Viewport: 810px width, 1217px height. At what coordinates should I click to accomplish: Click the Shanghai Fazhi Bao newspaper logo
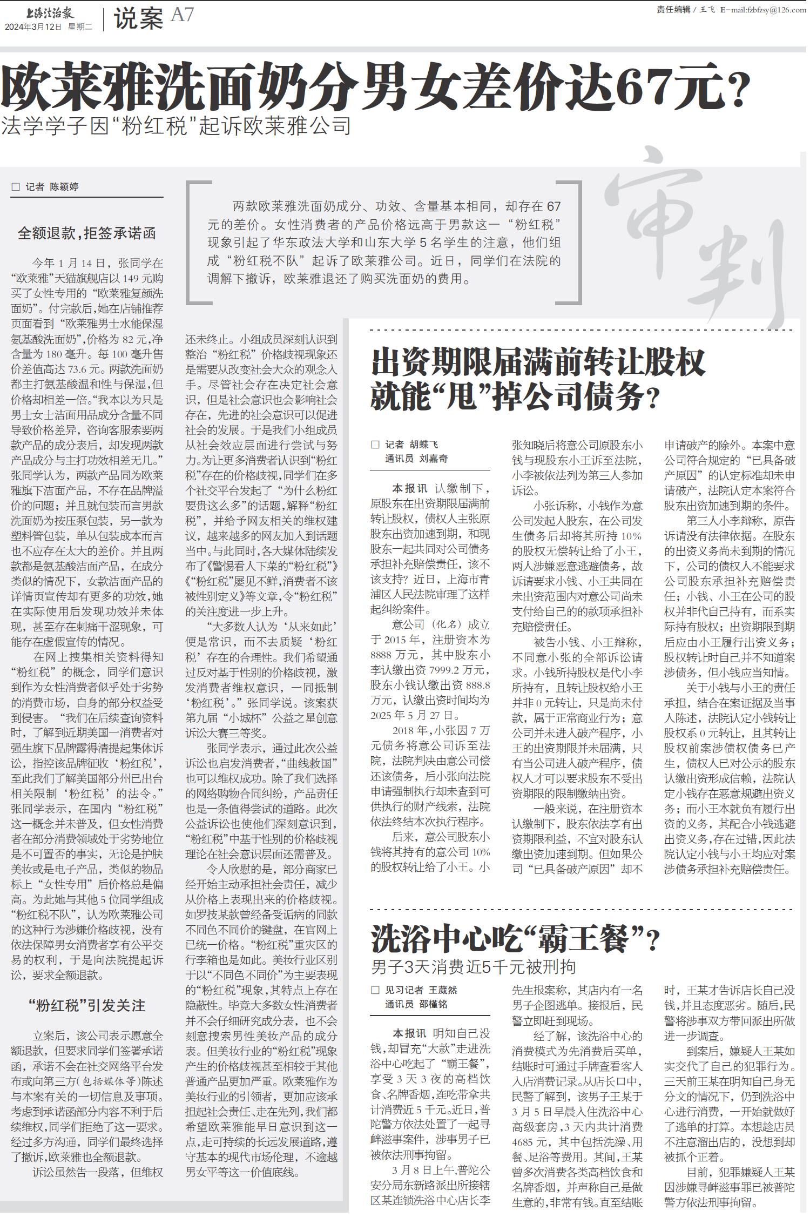[x=50, y=12]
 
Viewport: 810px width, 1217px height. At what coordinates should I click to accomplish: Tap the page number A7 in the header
[x=182, y=15]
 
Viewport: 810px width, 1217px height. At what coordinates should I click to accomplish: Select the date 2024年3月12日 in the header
[x=33, y=27]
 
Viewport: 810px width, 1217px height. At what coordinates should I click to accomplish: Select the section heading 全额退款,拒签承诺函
[x=87, y=233]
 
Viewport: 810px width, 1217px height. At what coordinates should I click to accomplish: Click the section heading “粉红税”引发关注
[x=87, y=1006]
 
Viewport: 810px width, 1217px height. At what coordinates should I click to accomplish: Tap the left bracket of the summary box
[x=192, y=243]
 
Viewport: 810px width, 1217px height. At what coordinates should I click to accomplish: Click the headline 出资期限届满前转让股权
[x=538, y=362]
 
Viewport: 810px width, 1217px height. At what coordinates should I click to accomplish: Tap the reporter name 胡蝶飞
[x=423, y=445]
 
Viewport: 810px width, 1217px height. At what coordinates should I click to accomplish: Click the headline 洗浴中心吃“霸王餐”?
[x=515, y=939]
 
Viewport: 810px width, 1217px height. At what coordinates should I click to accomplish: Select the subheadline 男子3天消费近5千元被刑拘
[x=474, y=966]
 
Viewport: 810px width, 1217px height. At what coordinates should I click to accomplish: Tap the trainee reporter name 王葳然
[x=443, y=990]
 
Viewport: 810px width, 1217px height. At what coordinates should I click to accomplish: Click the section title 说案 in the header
[x=138, y=19]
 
